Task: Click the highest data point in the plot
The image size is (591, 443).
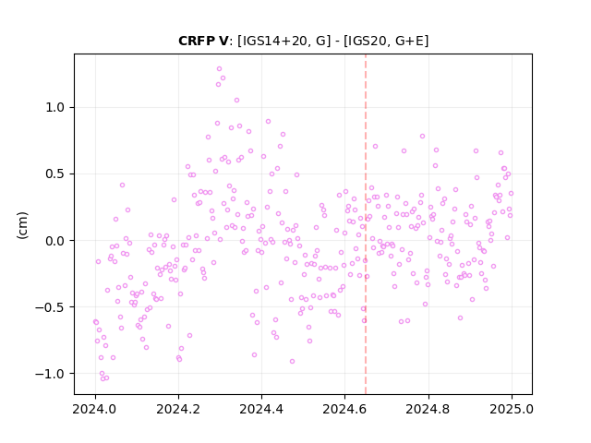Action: [219, 69]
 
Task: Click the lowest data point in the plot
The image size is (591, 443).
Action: [103, 378]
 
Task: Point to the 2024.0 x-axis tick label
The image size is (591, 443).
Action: [95, 409]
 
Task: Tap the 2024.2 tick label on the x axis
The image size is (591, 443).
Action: [178, 409]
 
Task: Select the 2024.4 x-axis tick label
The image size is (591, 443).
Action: [261, 409]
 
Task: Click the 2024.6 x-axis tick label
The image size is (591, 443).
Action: [344, 409]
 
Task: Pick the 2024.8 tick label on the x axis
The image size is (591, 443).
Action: [428, 409]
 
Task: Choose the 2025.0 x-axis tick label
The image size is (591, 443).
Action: [512, 409]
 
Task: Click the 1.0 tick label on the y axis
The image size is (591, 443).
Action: [55, 108]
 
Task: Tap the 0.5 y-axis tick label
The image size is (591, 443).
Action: [55, 174]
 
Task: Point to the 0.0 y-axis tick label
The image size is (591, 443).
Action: [55, 241]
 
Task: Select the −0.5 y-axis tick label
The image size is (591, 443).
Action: [50, 307]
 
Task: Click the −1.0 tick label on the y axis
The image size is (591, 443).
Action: [50, 374]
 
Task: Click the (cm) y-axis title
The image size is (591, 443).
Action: [22, 225]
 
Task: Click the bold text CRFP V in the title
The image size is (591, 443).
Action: [203, 41]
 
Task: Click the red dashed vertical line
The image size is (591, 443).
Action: [366, 224]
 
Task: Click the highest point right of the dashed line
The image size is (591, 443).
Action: [422, 137]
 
